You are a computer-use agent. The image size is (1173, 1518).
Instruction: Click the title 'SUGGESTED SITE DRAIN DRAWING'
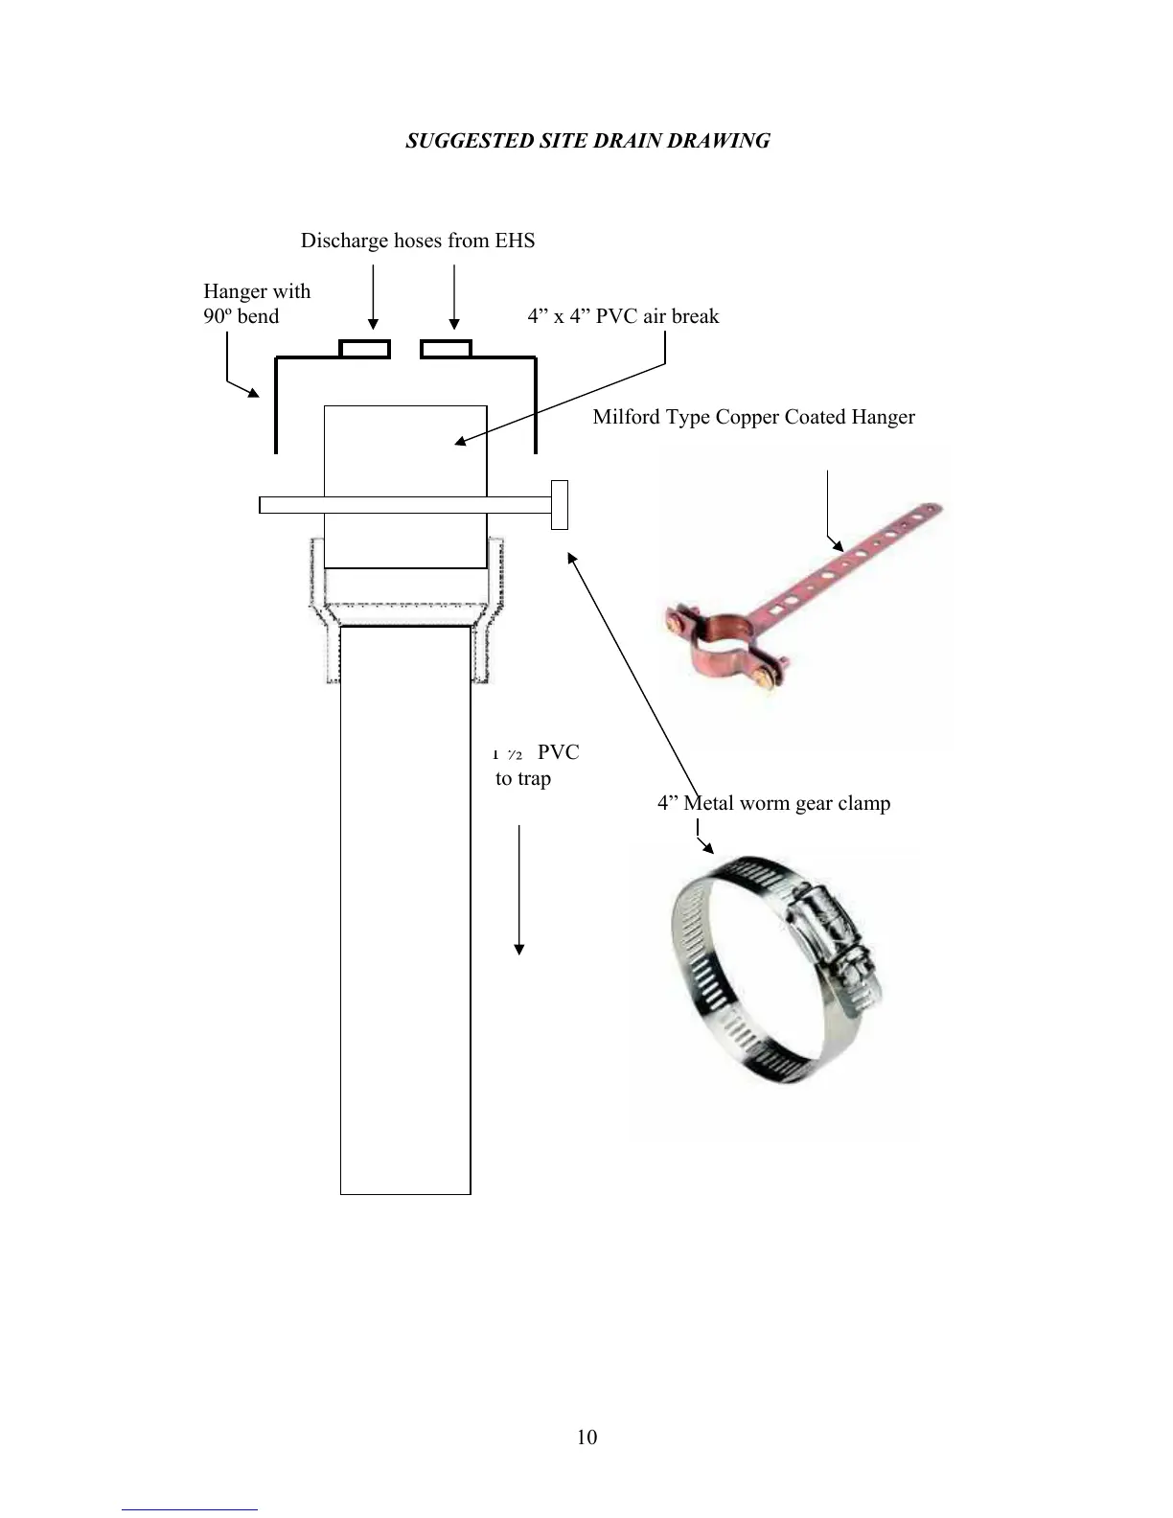(587, 141)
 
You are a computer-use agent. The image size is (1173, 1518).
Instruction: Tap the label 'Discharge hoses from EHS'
(418, 241)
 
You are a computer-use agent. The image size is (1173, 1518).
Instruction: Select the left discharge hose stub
(365, 349)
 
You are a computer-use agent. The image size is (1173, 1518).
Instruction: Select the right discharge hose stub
(446, 349)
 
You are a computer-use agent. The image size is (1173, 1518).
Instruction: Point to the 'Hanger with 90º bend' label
(256, 304)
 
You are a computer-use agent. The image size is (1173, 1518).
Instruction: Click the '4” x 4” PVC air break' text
(623, 316)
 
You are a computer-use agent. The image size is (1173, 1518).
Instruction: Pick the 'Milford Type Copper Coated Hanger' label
(753, 417)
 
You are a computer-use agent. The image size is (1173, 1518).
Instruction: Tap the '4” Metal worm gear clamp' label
(773, 803)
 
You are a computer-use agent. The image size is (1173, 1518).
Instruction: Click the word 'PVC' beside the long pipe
(558, 752)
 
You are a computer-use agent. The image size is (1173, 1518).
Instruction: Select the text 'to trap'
(523, 778)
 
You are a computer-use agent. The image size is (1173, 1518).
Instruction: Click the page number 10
(587, 1437)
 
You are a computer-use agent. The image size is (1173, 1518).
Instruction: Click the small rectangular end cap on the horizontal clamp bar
(560, 505)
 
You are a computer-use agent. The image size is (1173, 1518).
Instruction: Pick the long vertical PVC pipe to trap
(405, 910)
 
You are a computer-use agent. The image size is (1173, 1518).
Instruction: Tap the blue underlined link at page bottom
(189, 1509)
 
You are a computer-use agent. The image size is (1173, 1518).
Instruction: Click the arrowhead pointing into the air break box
(460, 441)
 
